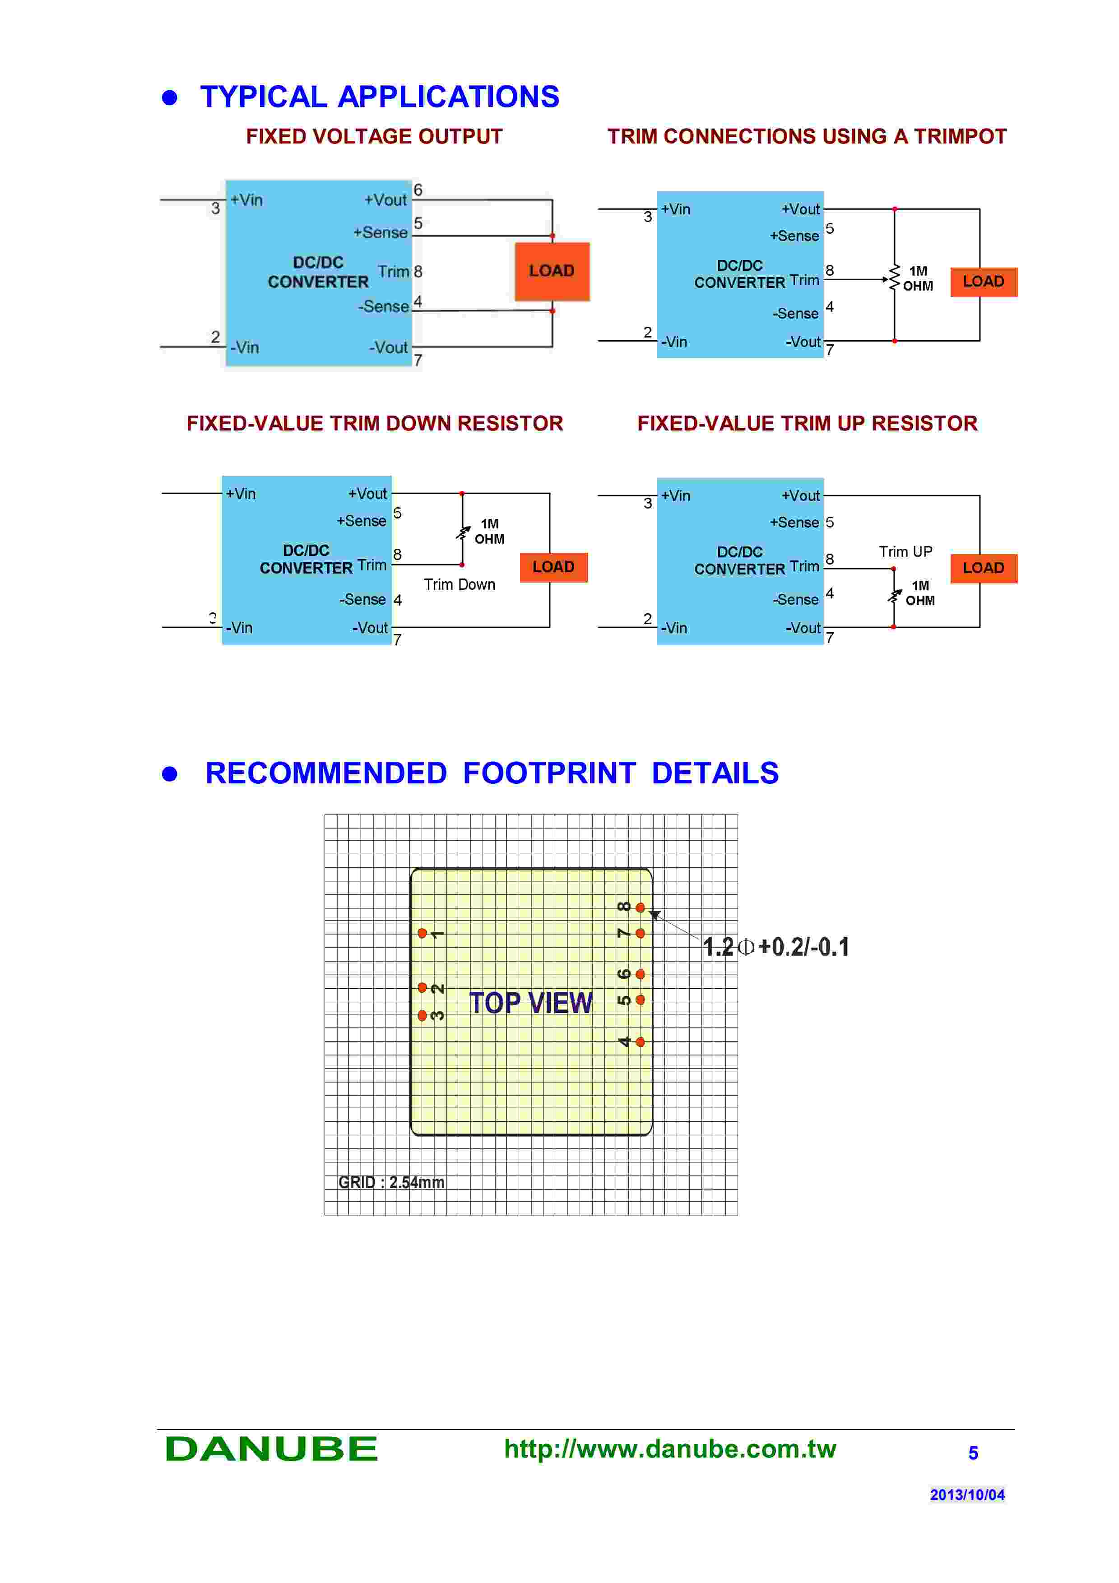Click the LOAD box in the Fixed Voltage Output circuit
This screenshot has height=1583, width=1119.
tap(552, 271)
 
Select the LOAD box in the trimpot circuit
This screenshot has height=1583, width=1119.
tap(983, 282)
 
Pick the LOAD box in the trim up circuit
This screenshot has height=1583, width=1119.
tap(983, 568)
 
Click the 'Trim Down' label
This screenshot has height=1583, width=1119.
tap(459, 585)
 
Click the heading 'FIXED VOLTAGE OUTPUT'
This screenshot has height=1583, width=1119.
tap(374, 137)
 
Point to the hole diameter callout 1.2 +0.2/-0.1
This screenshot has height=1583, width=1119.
tap(775, 947)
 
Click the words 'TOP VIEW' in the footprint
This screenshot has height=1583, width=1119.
tap(530, 1003)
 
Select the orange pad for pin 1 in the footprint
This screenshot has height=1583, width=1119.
tap(422, 934)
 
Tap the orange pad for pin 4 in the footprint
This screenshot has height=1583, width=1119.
tap(640, 1042)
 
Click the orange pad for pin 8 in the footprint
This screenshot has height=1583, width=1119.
tap(640, 907)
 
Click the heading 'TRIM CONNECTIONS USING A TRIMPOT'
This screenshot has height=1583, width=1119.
tap(807, 137)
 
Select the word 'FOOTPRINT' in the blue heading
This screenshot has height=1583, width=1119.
tap(549, 773)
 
